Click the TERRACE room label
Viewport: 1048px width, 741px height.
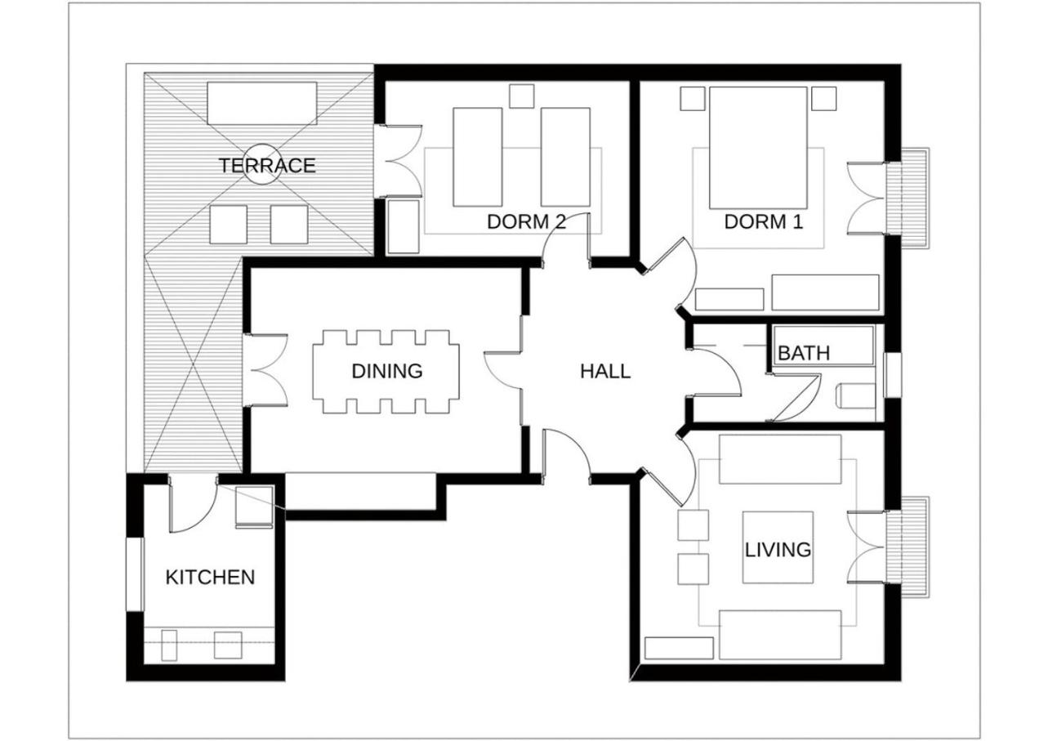tap(266, 166)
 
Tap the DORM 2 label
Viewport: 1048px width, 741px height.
tap(526, 221)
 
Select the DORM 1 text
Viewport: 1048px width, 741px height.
tap(764, 221)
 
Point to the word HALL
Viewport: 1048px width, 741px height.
tap(605, 372)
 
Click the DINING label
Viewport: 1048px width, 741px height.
tap(387, 371)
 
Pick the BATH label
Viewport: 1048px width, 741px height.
tap(804, 353)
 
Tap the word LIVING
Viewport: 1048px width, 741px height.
tap(778, 550)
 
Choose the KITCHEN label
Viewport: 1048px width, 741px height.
tap(210, 578)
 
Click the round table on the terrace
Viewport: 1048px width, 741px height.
tap(262, 164)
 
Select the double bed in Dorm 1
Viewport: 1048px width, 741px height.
tap(758, 147)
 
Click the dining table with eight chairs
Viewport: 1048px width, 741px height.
tap(386, 372)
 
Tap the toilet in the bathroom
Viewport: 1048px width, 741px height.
tap(856, 395)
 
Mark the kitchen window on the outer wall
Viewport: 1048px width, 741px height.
tap(136, 574)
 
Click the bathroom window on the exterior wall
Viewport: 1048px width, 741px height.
tap(893, 375)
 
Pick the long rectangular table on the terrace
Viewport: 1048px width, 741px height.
tap(262, 104)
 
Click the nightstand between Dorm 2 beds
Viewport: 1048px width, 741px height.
tap(522, 96)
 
